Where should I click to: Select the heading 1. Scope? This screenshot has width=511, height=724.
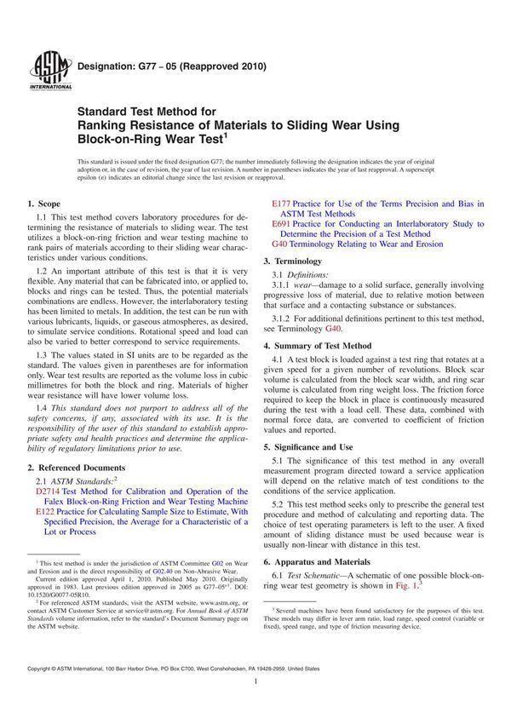click(x=43, y=204)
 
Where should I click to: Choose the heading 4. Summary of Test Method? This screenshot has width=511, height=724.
click(x=317, y=346)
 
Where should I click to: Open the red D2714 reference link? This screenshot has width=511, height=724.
click(x=51, y=492)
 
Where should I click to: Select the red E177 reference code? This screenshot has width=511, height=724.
click(x=282, y=204)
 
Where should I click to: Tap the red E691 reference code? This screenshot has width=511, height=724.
click(x=282, y=224)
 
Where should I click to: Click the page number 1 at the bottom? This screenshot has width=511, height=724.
click(x=255, y=706)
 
